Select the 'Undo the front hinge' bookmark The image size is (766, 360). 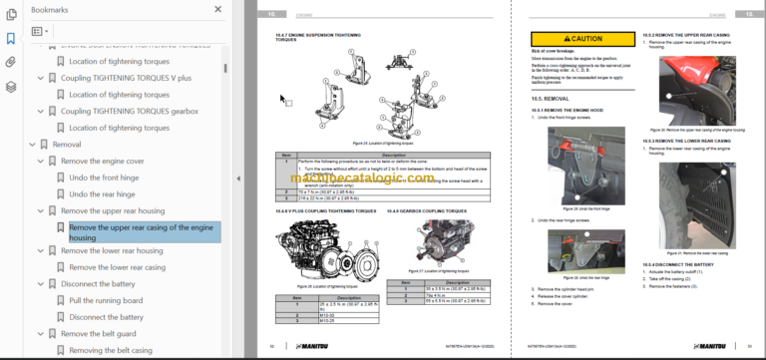click(x=105, y=177)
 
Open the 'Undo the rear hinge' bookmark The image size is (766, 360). click(x=103, y=193)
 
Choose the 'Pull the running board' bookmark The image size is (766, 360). click(x=109, y=300)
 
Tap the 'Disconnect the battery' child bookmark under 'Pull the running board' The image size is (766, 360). click(x=107, y=317)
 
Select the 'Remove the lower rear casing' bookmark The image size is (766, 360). click(x=117, y=267)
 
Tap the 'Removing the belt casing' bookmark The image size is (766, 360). click(x=110, y=351)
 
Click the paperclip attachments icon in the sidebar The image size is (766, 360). click(x=11, y=62)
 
